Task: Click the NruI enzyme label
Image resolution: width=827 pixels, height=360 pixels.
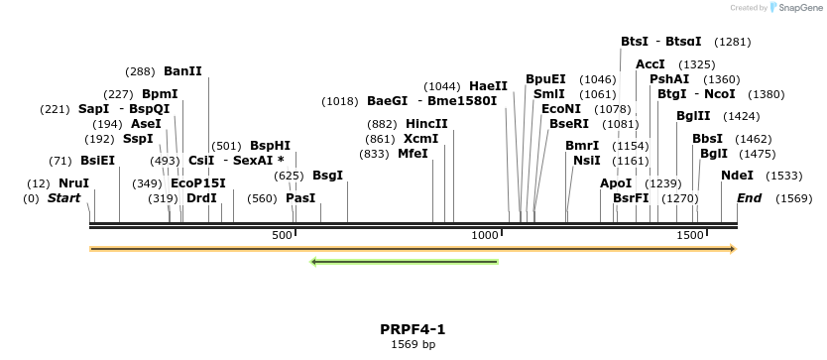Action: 73,183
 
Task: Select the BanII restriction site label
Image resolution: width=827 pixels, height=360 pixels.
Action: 182,71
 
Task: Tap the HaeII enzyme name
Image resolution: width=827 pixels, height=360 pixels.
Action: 488,86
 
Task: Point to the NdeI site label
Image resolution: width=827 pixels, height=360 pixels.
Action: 737,176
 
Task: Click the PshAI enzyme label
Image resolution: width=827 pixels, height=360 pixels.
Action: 669,79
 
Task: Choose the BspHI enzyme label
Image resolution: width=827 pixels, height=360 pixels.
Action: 270,146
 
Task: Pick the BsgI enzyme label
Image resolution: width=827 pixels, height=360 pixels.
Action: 327,176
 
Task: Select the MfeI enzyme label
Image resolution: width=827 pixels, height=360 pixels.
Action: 413,154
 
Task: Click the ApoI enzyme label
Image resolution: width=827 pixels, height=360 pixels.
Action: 616,183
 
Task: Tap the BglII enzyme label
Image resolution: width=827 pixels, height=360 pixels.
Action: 692,116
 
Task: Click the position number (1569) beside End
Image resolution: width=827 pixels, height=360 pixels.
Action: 793,198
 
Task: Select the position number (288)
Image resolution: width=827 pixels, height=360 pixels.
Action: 140,71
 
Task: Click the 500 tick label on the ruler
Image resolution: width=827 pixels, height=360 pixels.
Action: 283,235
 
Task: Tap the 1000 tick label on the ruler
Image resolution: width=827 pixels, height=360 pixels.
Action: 485,235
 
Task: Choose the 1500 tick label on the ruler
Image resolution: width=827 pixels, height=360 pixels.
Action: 689,235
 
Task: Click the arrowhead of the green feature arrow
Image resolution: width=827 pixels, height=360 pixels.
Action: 314,262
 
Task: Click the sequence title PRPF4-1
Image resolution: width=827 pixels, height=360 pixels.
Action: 413,329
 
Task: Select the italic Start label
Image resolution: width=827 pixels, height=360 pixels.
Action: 64,198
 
